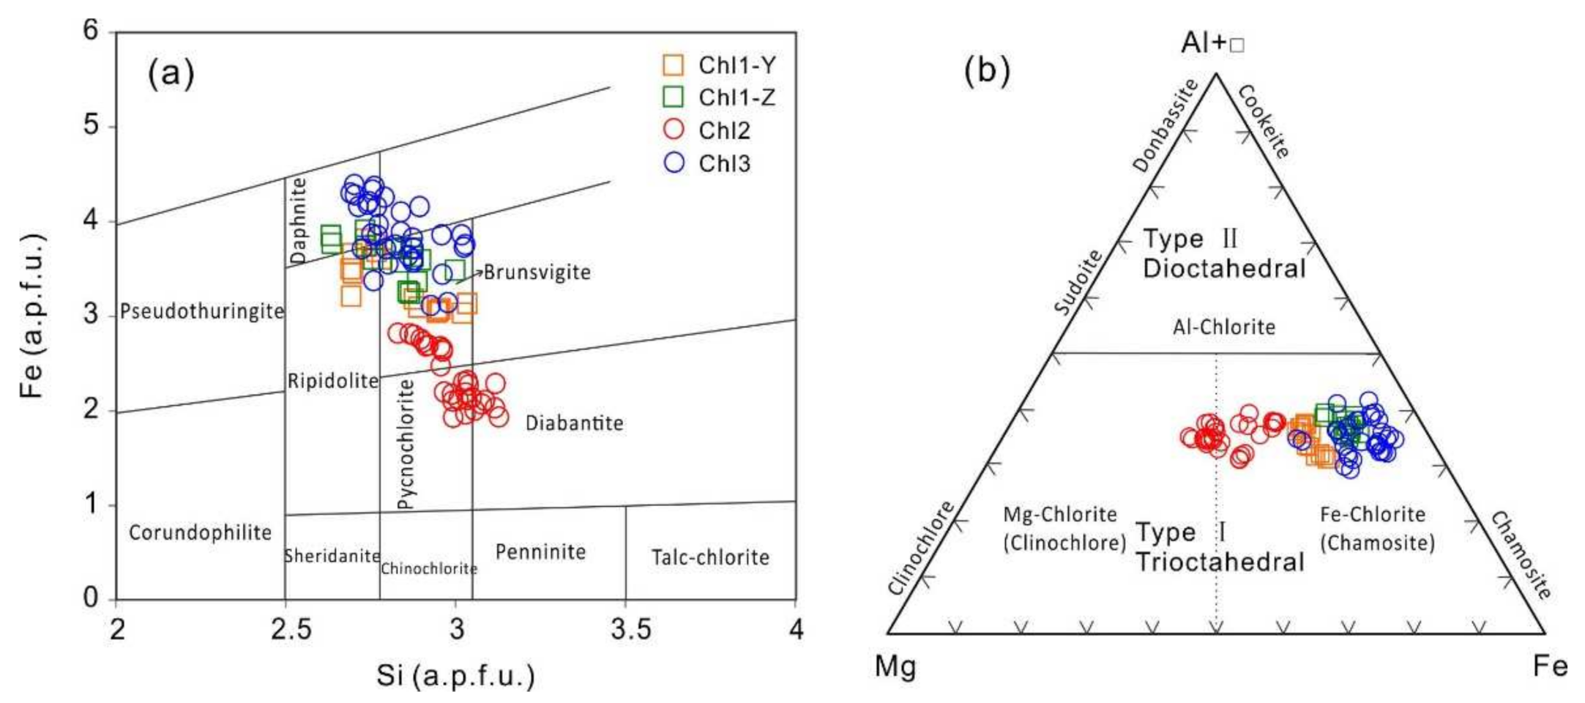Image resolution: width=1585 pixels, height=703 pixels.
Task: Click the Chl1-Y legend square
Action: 673,65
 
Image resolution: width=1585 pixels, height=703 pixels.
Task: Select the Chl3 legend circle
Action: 673,163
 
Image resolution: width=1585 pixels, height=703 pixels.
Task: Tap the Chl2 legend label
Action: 724,130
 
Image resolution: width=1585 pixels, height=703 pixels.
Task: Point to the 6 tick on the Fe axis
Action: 90,31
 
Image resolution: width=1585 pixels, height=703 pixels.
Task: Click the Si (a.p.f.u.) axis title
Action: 455,676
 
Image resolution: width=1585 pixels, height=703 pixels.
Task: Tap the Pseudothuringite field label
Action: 201,311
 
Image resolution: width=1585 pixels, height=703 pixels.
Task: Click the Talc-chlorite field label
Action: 710,558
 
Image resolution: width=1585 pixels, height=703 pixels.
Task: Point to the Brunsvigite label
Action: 537,272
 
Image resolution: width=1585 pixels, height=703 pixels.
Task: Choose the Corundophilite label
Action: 200,532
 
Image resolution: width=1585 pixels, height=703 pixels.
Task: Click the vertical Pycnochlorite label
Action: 406,444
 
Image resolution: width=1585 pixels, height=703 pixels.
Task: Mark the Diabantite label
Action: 574,423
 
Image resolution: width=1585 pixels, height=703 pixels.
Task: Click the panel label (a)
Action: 171,73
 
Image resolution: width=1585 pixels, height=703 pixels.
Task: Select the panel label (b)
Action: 986,70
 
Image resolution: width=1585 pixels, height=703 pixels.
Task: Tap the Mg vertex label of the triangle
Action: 895,666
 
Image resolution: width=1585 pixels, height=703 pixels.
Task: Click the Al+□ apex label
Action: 1212,43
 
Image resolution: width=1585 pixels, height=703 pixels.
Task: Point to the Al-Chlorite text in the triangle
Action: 1223,327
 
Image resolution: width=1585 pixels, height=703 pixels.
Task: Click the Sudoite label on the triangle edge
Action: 1078,282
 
